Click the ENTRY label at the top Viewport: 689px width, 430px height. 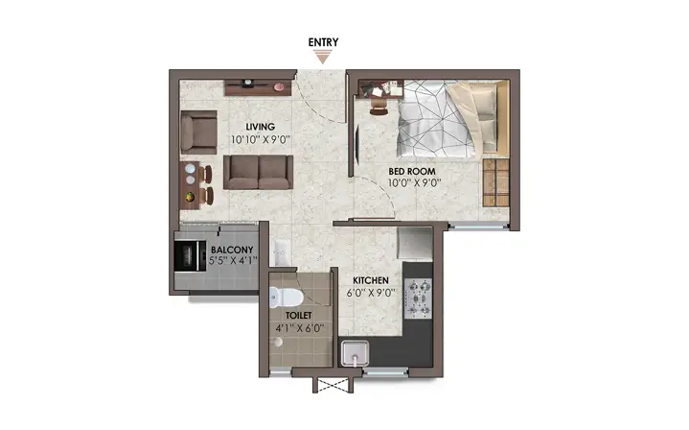(323, 42)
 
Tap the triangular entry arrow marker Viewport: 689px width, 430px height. (323, 57)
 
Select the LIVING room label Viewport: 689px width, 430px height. (260, 127)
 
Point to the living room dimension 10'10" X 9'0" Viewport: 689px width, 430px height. (261, 140)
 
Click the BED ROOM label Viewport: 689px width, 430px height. (412, 171)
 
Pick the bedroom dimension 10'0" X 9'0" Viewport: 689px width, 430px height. (413, 183)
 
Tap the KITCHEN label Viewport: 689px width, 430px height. (371, 280)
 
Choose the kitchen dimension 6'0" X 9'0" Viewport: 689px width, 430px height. (371, 293)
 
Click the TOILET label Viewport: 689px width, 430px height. (298, 316)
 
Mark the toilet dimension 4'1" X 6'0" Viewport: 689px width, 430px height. (299, 328)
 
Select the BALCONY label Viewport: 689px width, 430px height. (232, 250)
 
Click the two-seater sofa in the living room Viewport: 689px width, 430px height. (259, 172)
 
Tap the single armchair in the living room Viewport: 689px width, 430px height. (198, 132)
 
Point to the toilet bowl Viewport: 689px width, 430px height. (286, 298)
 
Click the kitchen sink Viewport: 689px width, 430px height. (356, 353)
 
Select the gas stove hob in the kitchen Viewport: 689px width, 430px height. (419, 299)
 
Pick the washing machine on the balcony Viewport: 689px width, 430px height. (191, 255)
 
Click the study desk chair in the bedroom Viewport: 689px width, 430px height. (379, 107)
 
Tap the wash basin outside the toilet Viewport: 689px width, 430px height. (280, 252)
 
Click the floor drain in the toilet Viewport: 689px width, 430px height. (277, 342)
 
